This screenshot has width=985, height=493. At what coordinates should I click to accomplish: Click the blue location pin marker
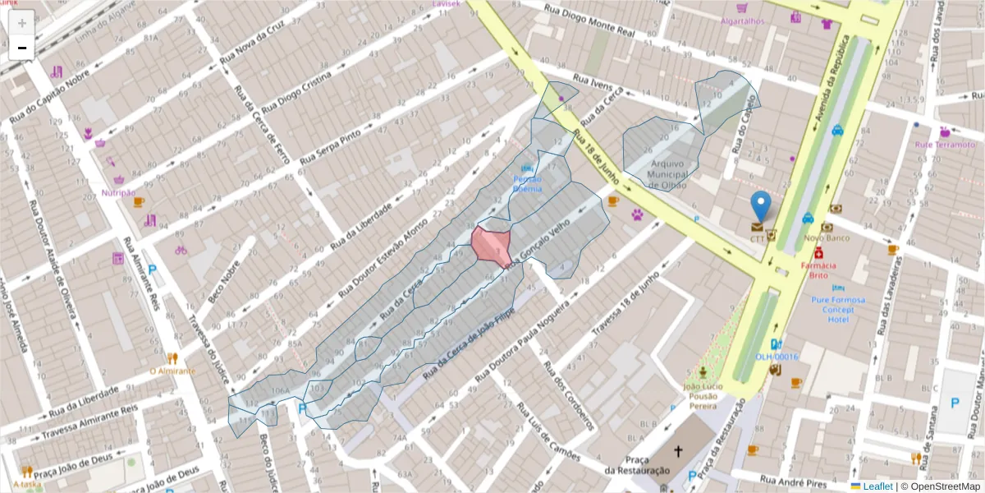[x=761, y=205]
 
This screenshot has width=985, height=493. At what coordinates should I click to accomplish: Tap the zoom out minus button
[x=22, y=48]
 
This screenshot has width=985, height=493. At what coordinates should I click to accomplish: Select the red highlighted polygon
[x=492, y=246]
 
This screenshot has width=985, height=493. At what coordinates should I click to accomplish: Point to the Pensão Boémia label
[x=527, y=183]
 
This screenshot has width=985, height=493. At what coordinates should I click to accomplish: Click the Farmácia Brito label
[x=818, y=270]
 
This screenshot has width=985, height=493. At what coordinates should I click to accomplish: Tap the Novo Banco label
[x=827, y=238]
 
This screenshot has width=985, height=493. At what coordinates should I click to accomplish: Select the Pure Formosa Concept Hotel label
[x=838, y=309]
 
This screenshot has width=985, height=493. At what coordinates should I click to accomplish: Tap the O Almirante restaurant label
[x=172, y=371]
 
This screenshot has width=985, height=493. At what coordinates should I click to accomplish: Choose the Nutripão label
[x=118, y=192]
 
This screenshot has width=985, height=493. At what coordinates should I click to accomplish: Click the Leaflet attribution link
[x=874, y=486]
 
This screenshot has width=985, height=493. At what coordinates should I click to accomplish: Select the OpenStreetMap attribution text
[x=941, y=486]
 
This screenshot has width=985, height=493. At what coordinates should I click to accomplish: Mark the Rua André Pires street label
[x=793, y=480]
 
